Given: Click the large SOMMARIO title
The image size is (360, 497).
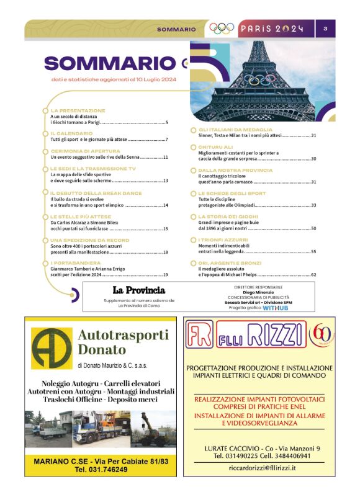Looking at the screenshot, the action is (x=110, y=63).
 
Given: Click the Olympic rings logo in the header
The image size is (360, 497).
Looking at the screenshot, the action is (x=222, y=29).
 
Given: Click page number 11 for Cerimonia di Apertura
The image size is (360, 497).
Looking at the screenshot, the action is (x=166, y=158).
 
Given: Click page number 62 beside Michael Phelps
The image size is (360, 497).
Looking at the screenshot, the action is (x=314, y=274).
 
